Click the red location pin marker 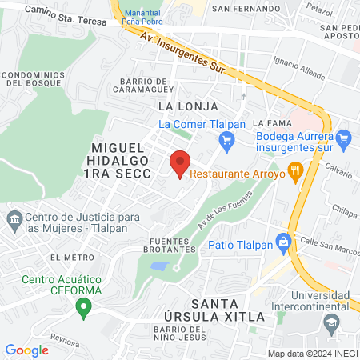tap(180, 163)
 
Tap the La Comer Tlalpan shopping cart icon tap(226, 141)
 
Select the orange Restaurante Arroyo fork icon tap(295, 170)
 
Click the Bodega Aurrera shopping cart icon tap(345, 141)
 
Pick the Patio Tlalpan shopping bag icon tap(282, 241)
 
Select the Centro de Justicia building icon tap(14, 218)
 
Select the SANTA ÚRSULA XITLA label tap(229, 310)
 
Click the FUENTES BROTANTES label tap(174, 246)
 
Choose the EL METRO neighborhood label tap(66, 257)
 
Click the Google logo tap(26, 350)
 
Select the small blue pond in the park tap(160, 266)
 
